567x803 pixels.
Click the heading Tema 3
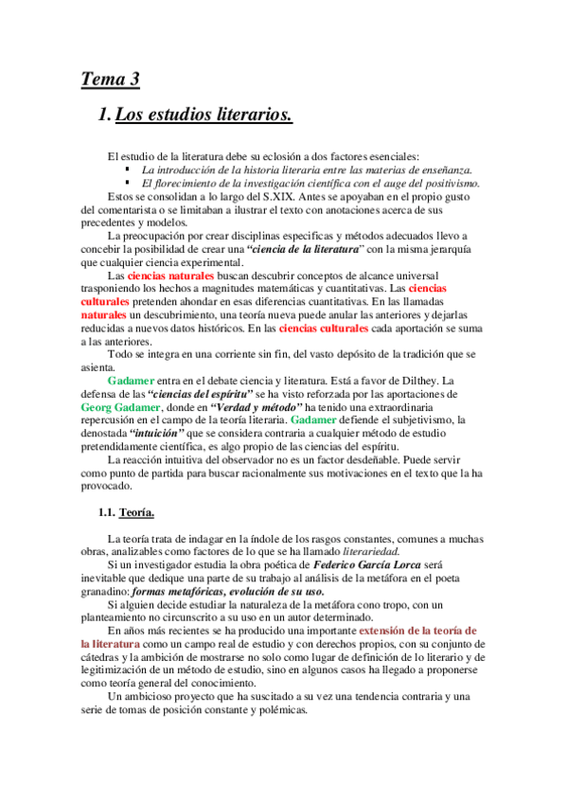tap(110, 80)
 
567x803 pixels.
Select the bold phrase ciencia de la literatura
tap(304, 248)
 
